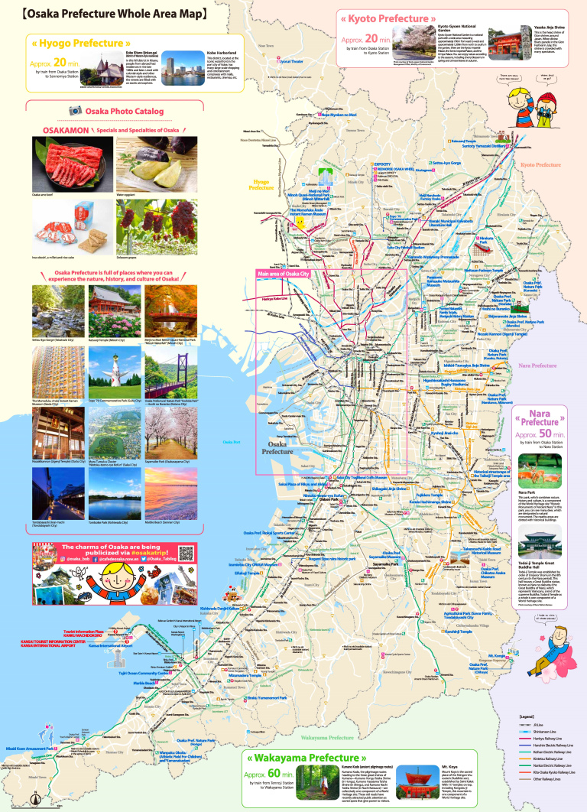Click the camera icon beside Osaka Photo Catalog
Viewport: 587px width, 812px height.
click(76, 111)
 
